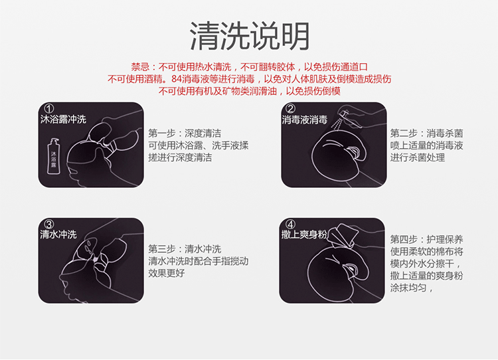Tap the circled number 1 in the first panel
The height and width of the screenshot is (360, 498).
pyautogui.click(x=48, y=109)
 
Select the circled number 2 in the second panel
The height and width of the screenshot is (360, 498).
pyautogui.click(x=290, y=109)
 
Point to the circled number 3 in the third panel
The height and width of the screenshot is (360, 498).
pyautogui.click(x=48, y=224)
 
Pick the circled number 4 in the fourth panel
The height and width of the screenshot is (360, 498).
pyautogui.click(x=290, y=224)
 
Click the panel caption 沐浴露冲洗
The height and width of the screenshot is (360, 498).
pyautogui.click(x=63, y=121)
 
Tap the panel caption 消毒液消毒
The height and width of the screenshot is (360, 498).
pyautogui.click(x=305, y=120)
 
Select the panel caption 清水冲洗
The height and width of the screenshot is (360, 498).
pyautogui.click(x=58, y=235)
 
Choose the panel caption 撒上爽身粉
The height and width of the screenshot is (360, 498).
pyautogui.click(x=305, y=235)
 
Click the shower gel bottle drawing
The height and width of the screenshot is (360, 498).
pyautogui.click(x=55, y=156)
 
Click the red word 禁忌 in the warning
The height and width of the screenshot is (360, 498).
pyautogui.click(x=141, y=67)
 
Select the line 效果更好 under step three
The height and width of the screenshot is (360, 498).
pyautogui.click(x=167, y=273)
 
